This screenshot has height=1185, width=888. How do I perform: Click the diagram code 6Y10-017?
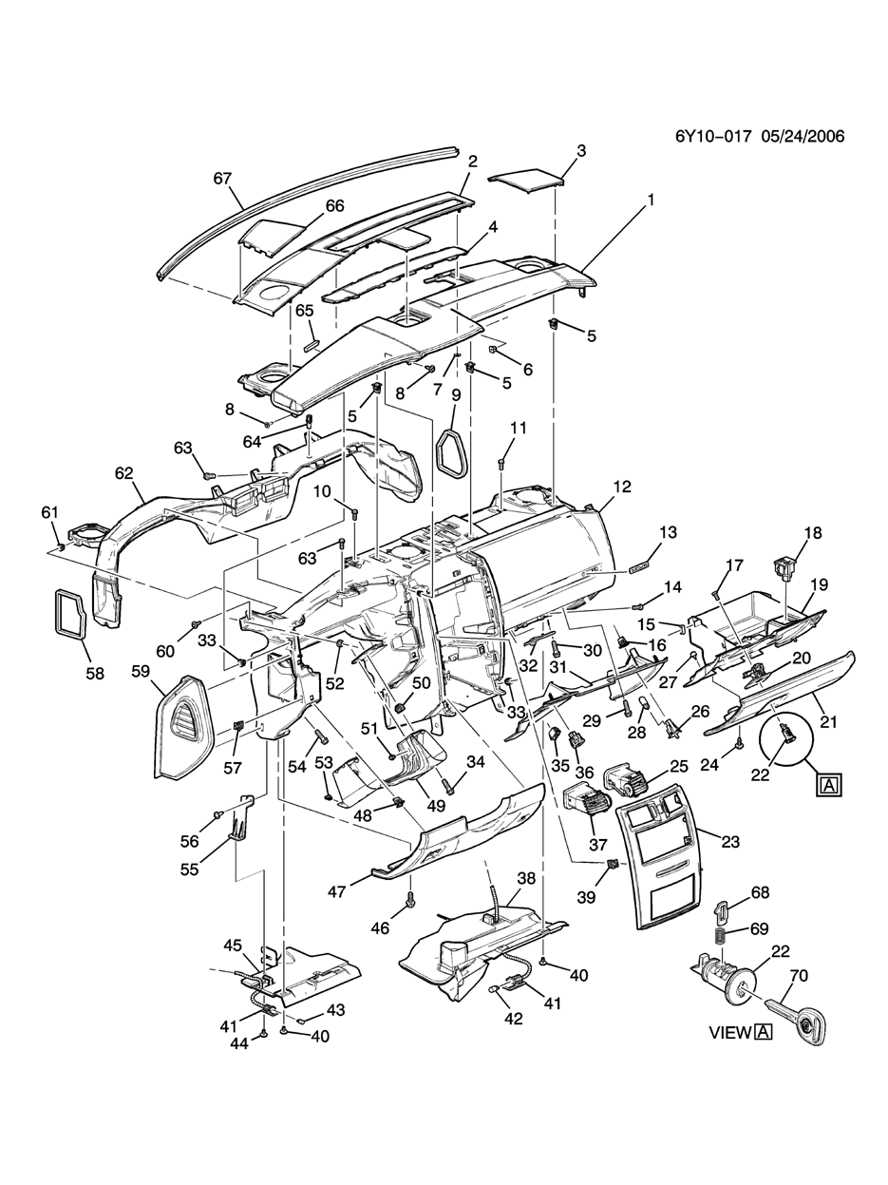coord(712,136)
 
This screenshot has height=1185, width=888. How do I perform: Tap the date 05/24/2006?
coord(803,136)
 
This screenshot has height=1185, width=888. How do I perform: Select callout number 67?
coord(222,178)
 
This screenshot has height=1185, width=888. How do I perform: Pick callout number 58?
coord(95,674)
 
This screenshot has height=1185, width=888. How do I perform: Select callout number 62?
coord(123,473)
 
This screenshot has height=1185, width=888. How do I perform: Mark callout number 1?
coord(651,200)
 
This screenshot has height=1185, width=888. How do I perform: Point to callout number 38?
coord(526,878)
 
